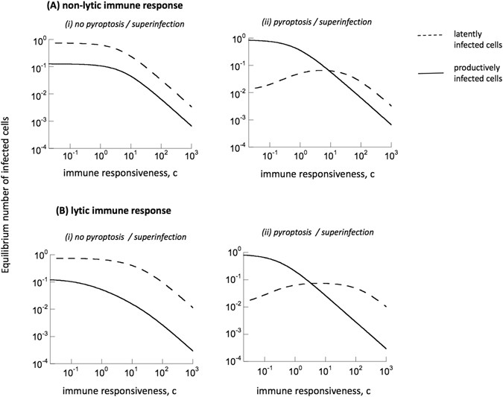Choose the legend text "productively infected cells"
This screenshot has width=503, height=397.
(466, 80)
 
